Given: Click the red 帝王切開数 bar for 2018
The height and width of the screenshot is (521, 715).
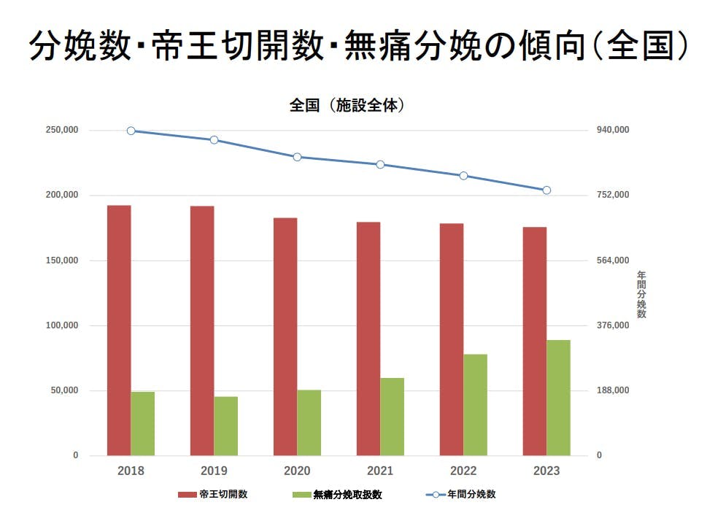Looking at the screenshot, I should [x=119, y=330].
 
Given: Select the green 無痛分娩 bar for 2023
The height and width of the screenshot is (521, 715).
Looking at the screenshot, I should [x=559, y=398].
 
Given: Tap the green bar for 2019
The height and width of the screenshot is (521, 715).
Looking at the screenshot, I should [x=225, y=426].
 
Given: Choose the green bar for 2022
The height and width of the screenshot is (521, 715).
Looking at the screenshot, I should [x=475, y=405].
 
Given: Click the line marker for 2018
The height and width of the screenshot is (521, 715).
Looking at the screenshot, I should [x=131, y=131].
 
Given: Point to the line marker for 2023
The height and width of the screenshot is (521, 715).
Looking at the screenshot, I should [x=546, y=190].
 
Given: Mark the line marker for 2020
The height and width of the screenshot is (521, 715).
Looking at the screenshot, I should [x=298, y=157].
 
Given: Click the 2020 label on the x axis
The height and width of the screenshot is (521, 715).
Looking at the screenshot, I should [x=297, y=471].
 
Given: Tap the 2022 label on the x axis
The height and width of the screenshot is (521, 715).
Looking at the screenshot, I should [x=463, y=471].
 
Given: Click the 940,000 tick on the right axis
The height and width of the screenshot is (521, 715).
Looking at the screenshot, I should [x=612, y=131].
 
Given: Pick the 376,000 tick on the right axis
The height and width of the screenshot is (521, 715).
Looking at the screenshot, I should [x=612, y=325].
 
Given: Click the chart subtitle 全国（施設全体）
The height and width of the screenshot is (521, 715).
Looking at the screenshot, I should [x=347, y=106].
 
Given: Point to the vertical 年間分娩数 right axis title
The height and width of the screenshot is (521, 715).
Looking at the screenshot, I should [x=641, y=294].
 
